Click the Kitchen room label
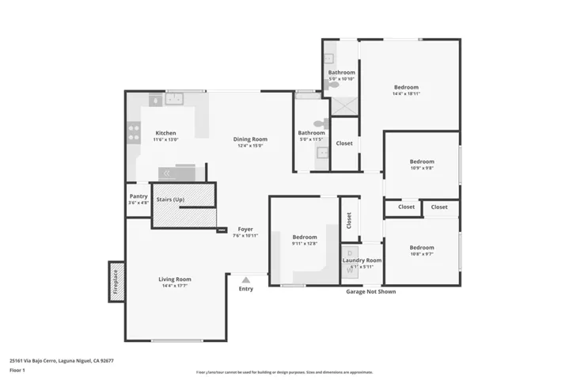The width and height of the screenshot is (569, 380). click(165, 133)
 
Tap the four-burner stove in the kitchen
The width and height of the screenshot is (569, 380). click(135, 132)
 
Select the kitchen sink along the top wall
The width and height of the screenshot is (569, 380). click(173, 99)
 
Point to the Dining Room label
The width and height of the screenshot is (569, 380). click(249, 139)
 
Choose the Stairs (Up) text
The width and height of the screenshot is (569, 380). click(170, 199)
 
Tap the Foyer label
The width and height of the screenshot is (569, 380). click(245, 229)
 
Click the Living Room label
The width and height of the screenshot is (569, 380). click(174, 279)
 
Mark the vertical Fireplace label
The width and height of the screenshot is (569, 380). click(116, 282)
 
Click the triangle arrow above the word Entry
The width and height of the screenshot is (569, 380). click(246, 279)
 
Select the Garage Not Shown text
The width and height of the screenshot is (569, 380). click(370, 291)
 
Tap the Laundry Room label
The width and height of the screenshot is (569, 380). click(362, 260)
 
